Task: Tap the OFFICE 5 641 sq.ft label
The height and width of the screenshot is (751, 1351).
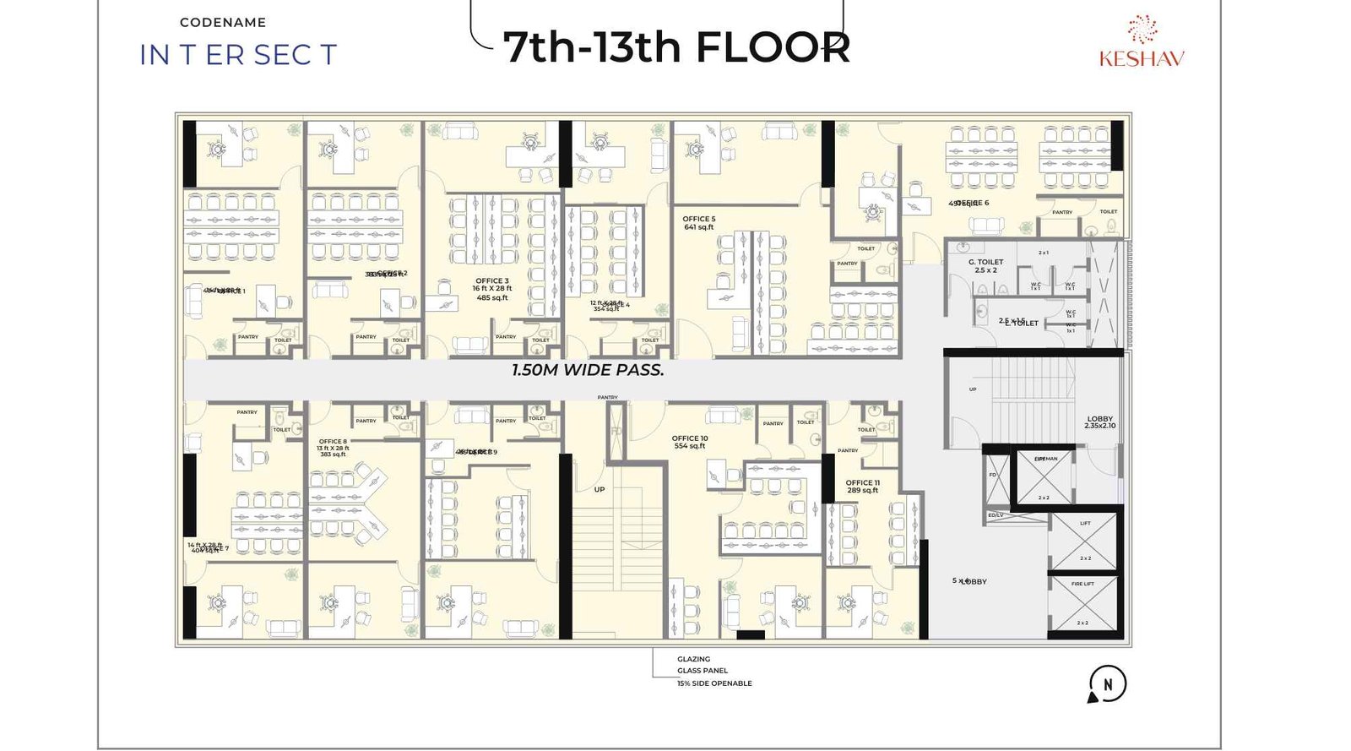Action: coord(699,223)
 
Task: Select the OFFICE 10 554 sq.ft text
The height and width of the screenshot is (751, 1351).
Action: coord(690,442)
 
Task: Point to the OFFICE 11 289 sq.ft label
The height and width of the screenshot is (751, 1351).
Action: coord(863,487)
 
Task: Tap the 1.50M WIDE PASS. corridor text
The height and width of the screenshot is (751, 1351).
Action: coord(588,370)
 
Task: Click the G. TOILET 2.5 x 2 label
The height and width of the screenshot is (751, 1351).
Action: coord(985,266)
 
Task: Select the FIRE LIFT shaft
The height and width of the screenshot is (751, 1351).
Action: coord(1083,603)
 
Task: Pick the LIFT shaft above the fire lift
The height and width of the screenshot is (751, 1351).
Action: coord(1085,541)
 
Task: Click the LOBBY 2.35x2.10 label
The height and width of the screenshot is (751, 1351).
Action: coord(1099,422)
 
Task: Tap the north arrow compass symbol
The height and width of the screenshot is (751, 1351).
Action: coord(1107,684)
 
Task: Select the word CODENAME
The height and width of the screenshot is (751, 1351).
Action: coord(223,23)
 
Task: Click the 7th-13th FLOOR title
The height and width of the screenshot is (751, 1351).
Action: coord(675,47)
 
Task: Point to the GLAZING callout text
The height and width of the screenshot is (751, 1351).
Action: coord(693,659)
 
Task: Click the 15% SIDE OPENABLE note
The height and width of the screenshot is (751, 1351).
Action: coord(713,683)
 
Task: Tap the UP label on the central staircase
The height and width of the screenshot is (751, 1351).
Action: coord(599,489)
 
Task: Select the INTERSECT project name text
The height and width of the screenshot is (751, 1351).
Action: coord(238,55)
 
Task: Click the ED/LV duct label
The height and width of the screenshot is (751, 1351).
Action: coord(996,515)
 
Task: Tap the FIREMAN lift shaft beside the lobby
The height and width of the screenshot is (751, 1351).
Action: coord(1044,476)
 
